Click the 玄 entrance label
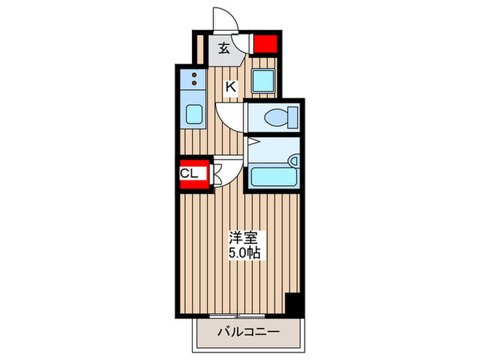click(224, 49)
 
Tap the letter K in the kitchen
click(231, 86)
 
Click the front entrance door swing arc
click(227, 21)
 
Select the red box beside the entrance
click(264, 45)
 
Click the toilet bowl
click(277, 118)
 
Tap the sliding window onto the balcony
click(237, 316)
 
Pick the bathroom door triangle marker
click(252, 143)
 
